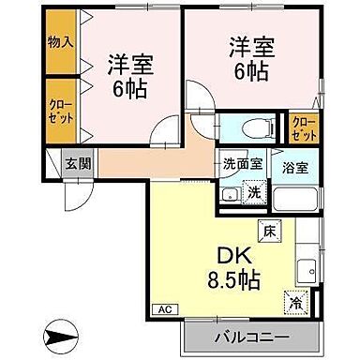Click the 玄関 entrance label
76,163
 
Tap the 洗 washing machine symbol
253,192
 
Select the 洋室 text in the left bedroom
129,63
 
